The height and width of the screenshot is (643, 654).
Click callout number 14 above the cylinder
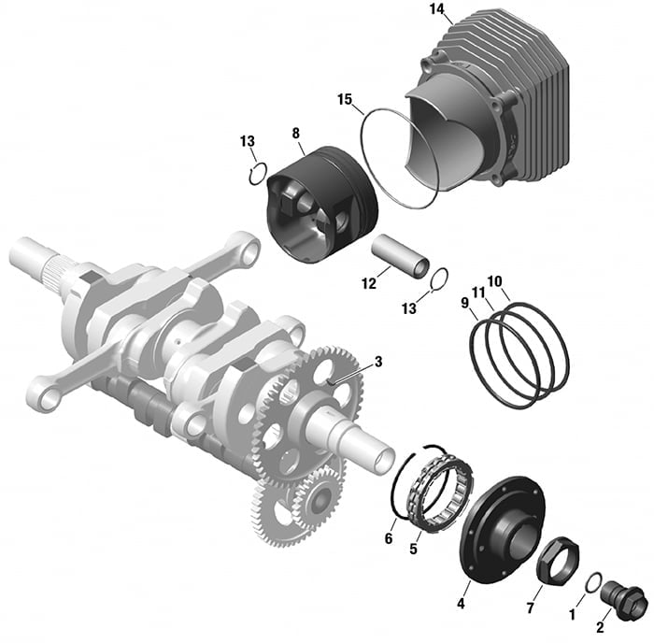pos(436,9)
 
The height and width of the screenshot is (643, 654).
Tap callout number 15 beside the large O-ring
pos(345,100)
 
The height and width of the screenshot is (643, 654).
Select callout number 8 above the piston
pos(296,134)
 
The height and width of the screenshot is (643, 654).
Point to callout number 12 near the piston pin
pos(369,284)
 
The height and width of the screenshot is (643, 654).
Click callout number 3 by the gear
pos(378,362)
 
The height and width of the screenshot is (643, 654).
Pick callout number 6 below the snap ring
pos(389,538)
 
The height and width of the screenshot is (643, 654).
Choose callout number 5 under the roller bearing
pos(413,549)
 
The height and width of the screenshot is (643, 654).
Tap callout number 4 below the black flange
pos(461,603)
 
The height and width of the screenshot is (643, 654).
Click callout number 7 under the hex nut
pos(530,607)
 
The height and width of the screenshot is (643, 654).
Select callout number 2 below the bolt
pos(600,627)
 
